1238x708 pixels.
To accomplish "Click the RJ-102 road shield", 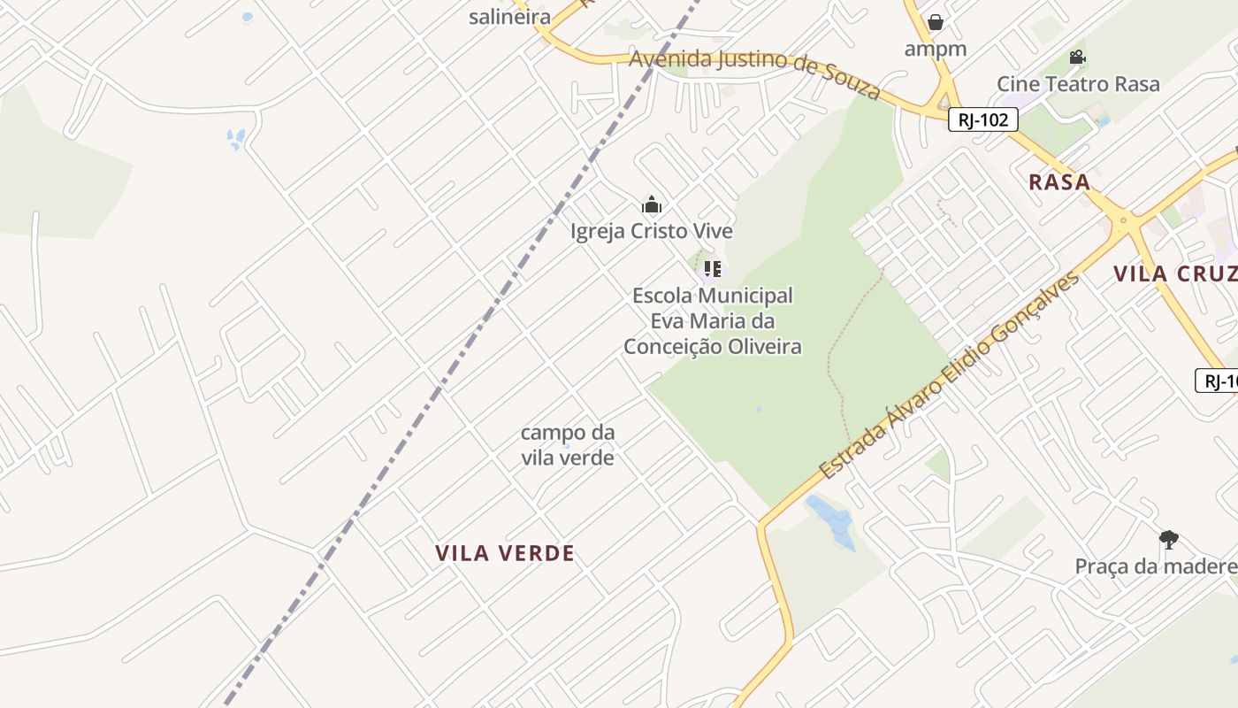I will [x=982, y=119].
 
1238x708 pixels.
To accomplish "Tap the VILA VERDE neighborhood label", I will [x=505, y=553].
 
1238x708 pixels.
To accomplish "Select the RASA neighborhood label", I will [x=1059, y=182].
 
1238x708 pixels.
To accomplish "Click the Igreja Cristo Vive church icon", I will [x=652, y=205].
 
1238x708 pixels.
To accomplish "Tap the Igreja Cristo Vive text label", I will [x=652, y=231].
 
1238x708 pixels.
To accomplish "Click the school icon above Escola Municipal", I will [x=712, y=268].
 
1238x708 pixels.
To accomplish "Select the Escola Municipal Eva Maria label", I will [x=713, y=320].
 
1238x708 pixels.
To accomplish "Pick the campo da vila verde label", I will [x=568, y=444].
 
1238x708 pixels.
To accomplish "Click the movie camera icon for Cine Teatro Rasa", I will [x=1077, y=58].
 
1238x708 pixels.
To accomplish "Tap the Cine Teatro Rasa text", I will [x=1078, y=84].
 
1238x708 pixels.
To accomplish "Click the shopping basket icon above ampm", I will [x=936, y=22].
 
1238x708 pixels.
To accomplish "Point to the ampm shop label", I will [x=936, y=48].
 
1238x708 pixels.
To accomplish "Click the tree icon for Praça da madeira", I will [x=1168, y=539].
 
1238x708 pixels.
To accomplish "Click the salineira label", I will [x=509, y=16].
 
